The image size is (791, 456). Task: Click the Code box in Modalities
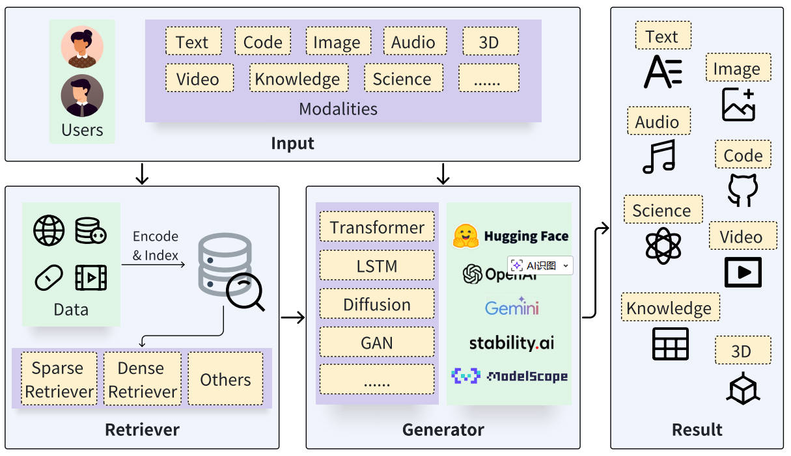(x=262, y=42)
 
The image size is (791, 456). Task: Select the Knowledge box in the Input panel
(x=298, y=78)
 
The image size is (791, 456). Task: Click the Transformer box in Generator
(x=377, y=228)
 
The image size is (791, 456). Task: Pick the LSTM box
(x=377, y=265)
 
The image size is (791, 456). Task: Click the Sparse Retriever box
(x=59, y=379)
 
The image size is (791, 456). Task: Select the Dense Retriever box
(x=142, y=379)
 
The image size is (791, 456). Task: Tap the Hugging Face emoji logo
(x=466, y=236)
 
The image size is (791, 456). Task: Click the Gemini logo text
(x=512, y=307)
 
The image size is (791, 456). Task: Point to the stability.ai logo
(x=512, y=342)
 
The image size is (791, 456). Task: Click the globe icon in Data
(x=49, y=230)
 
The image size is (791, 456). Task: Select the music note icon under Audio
(x=658, y=157)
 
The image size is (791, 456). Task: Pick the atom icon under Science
(x=663, y=245)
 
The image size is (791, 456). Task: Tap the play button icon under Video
(x=743, y=272)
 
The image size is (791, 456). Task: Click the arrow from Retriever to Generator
(x=293, y=317)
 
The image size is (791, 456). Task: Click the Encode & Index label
(x=156, y=246)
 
